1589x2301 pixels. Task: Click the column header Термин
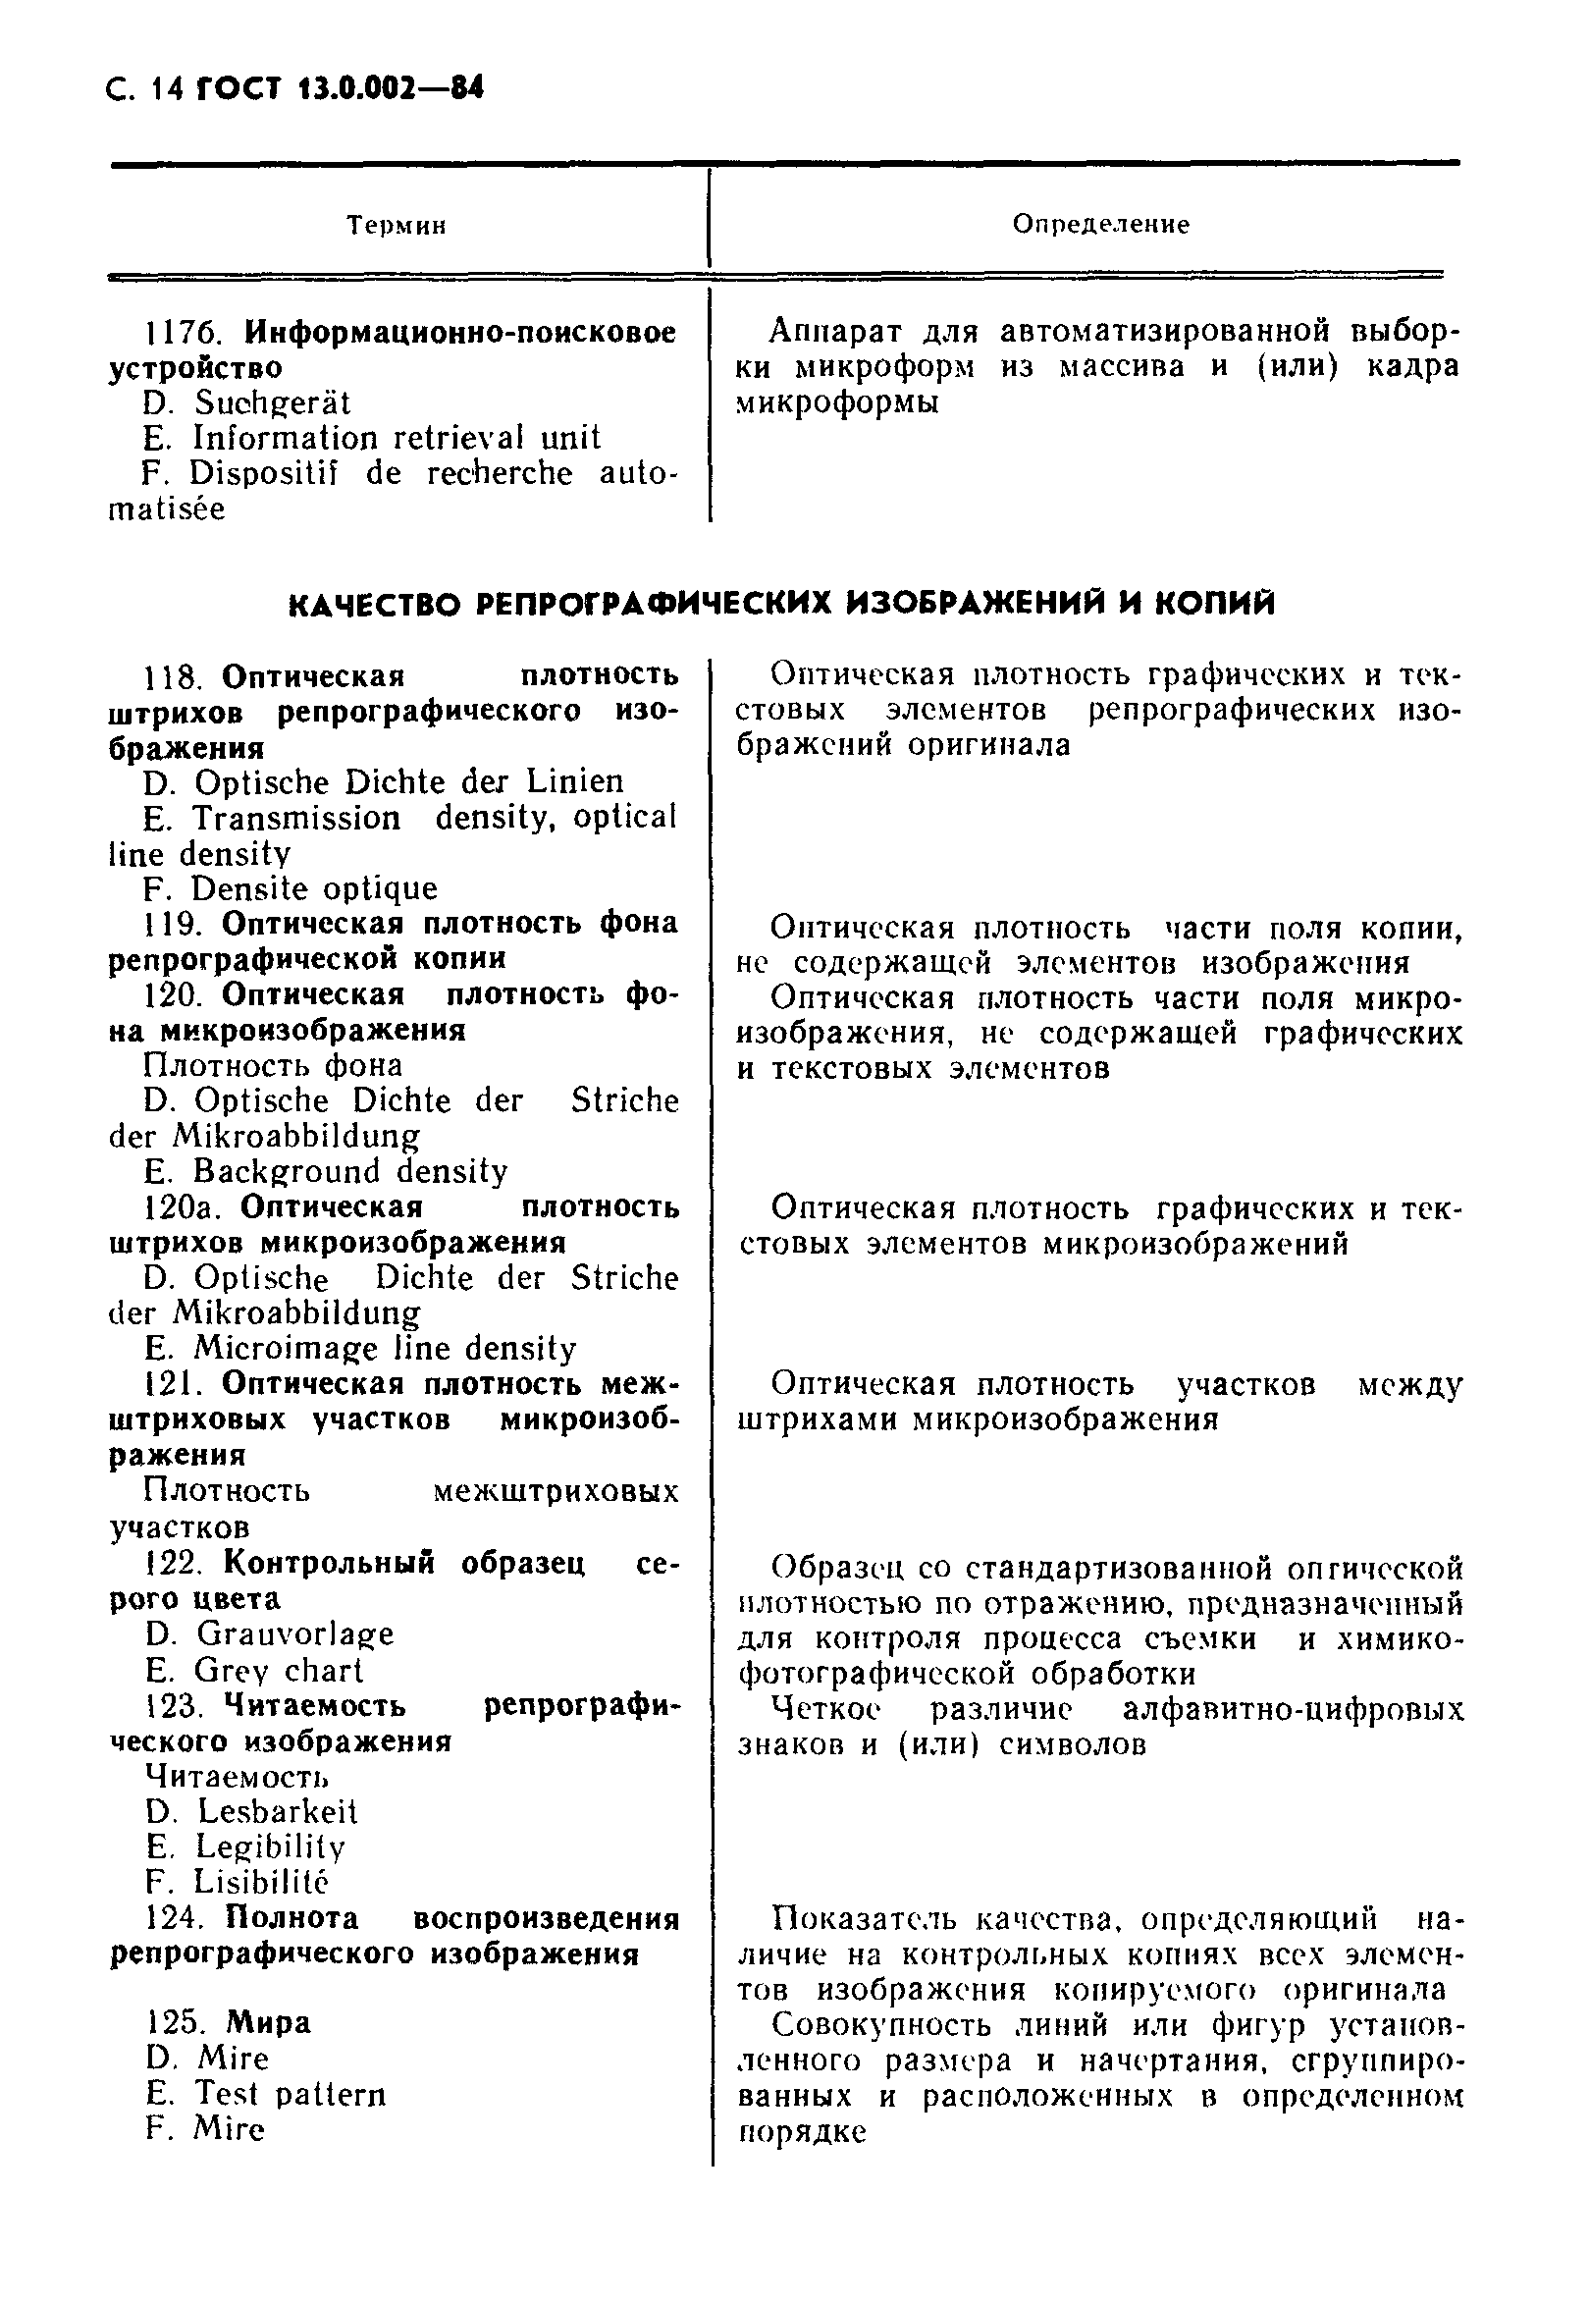coord(397,226)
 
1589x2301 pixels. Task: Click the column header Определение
coord(1100,224)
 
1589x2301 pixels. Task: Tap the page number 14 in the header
coord(165,89)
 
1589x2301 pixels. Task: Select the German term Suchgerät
coord(272,403)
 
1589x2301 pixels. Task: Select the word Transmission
coord(296,819)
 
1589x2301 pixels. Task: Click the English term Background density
coord(349,1171)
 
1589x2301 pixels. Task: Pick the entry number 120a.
coord(184,1207)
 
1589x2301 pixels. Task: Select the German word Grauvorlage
coord(294,1633)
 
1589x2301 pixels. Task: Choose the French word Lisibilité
coord(260,1882)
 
